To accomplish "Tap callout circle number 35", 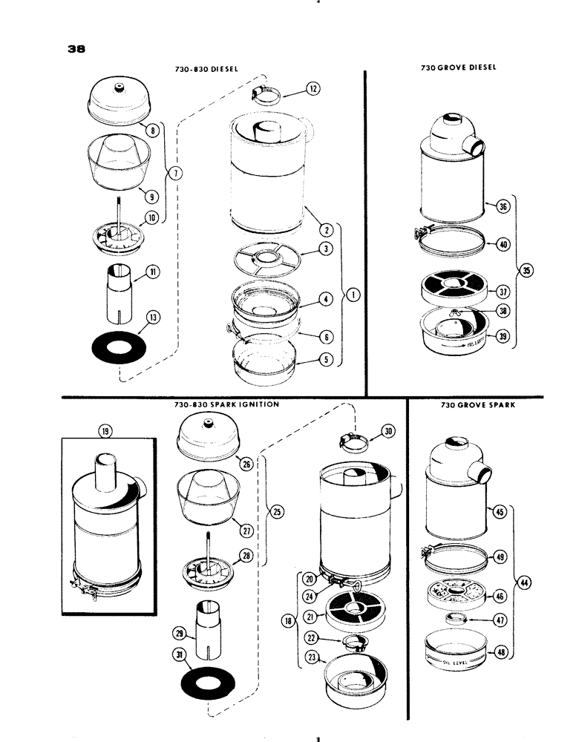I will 526,271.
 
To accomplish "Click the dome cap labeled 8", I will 120,103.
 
